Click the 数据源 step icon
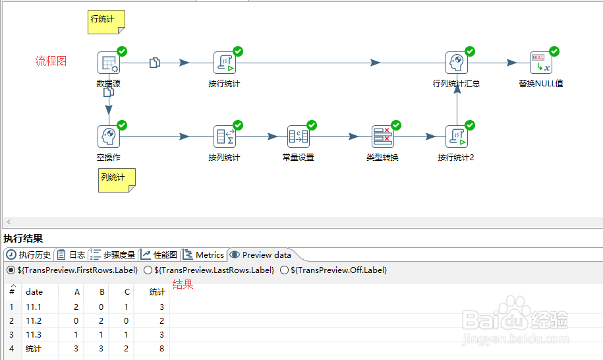pos(109,63)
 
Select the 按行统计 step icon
pos(225,63)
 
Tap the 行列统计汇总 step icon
pos(457,63)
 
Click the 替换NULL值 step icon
pos(540,63)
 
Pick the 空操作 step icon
pos(109,136)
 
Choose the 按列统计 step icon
pos(225,136)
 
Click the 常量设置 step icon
pos(299,136)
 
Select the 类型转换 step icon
pos(383,136)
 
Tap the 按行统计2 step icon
pos(457,136)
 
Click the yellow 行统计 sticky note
pos(107,22)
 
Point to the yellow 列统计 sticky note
pos(117,181)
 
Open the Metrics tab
pos(204,255)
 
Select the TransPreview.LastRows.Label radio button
pos(148,270)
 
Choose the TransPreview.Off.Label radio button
pos(284,270)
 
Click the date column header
pos(34,292)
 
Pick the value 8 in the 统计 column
pos(161,348)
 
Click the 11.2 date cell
pos(34,320)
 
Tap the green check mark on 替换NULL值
pos(554,51)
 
